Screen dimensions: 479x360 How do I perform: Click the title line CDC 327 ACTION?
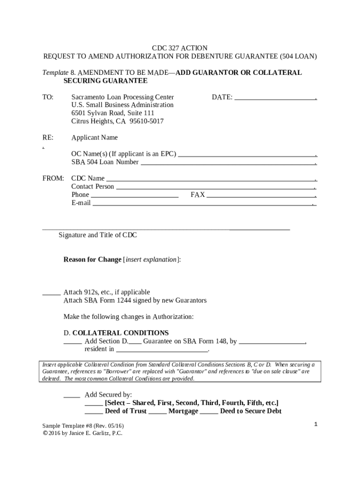[180, 48]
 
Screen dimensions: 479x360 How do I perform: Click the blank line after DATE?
[275, 98]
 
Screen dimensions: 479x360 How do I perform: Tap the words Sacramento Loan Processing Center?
[122, 97]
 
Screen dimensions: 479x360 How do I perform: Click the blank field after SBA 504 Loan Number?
[228, 163]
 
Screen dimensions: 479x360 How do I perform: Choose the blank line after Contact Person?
[215, 187]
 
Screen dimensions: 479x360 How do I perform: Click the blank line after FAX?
[261, 196]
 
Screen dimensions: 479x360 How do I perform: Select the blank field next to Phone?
[134, 196]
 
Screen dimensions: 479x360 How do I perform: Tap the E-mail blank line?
[202, 203]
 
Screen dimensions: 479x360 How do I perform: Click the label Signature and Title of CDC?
[98, 235]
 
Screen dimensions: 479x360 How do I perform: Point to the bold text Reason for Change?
[92, 259]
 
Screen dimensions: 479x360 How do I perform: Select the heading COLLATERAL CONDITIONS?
[120, 333]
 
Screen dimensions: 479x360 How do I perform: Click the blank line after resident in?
[161, 349]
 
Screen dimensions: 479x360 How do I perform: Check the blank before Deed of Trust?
[94, 412]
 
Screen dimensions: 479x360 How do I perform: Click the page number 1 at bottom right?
[316, 424]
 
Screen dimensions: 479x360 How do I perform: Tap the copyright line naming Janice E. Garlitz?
[82, 433]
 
